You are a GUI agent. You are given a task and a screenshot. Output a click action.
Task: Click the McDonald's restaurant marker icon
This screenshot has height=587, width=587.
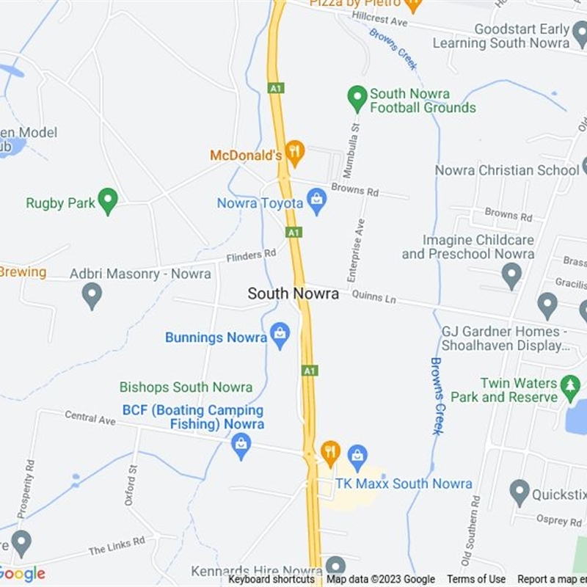pyautogui.click(x=294, y=152)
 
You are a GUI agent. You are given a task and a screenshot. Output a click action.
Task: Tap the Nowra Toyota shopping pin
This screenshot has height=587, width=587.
pyautogui.click(x=317, y=200)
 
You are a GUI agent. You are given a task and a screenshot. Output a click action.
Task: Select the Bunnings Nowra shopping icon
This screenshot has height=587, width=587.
pyautogui.click(x=280, y=335)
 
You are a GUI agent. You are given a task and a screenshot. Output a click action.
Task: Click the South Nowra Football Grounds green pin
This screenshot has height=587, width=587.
pyautogui.click(x=357, y=98)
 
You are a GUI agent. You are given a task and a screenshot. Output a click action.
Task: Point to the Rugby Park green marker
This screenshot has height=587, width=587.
pyautogui.click(x=108, y=200)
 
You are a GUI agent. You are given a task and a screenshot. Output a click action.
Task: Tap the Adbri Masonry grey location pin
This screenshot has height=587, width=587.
pyautogui.click(x=92, y=295)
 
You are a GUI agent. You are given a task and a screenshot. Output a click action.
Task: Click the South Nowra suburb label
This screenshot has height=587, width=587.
pyautogui.click(x=293, y=293)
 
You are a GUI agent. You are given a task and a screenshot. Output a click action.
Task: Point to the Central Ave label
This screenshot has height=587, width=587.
pyautogui.click(x=90, y=418)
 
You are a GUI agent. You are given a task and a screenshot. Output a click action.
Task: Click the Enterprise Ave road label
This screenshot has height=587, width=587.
pyautogui.click(x=356, y=250)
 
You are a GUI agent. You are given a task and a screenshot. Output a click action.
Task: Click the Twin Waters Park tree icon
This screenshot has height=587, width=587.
pyautogui.click(x=570, y=386)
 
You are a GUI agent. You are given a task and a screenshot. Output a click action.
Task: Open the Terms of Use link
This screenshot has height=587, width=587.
pyautogui.click(x=476, y=580)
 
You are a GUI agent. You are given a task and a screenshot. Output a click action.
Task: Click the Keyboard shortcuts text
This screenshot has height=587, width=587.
pyautogui.click(x=271, y=580)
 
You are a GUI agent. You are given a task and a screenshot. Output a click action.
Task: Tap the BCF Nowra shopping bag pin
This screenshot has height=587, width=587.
pyautogui.click(x=241, y=444)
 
